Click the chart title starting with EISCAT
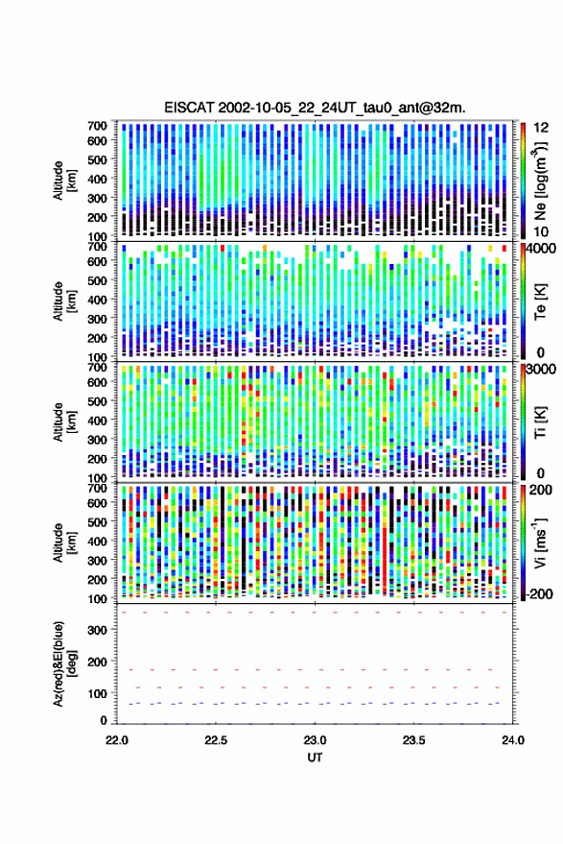pos(316,108)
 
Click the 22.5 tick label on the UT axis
pos(216,740)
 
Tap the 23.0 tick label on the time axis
pos(315,740)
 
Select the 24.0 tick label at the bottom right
pos(512,740)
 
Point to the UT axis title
pos(315,758)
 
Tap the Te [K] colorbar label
pos(540,301)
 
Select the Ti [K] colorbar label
pos(540,422)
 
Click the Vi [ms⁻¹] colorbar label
pos(540,543)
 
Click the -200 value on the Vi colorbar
pos(539,594)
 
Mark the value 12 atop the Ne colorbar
pos(541,128)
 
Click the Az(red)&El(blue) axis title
pos(64,664)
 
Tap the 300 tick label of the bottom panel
pos(97,630)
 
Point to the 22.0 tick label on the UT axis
pos(117,740)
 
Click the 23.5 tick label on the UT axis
pos(413,740)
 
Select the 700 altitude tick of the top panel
pos(97,126)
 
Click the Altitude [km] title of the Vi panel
pos(64,543)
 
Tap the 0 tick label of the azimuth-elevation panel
pos(104,720)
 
